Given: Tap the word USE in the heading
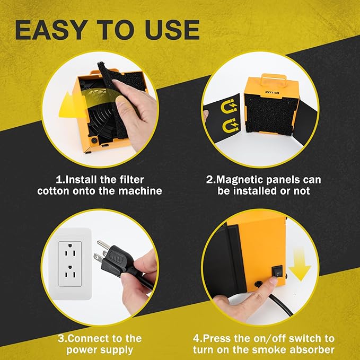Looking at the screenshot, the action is pos(172,30).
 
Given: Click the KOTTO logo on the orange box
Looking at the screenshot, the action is pos(273,93).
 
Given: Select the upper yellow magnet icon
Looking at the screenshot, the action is pos(229,106).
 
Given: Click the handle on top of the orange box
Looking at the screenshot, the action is pos(274,79).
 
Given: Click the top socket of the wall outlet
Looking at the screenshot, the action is pos(70,253).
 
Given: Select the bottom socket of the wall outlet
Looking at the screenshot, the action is pos(70,273).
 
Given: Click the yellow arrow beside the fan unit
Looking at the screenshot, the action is pos(69,106).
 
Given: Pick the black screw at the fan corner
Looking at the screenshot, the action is pos(94,141).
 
